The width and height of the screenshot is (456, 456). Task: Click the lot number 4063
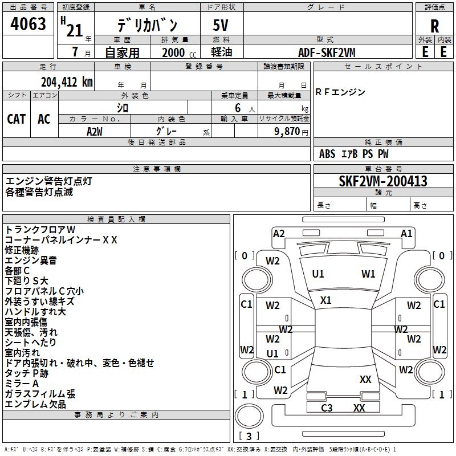tap(28, 23)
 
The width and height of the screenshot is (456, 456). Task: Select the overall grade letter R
tap(434, 26)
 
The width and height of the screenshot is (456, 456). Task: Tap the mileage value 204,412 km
tap(67, 82)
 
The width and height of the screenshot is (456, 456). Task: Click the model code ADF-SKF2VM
tap(327, 52)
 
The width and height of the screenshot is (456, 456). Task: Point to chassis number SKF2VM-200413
tap(383, 181)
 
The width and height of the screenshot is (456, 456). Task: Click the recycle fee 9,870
tap(287, 132)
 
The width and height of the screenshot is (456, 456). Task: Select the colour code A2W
tap(95, 132)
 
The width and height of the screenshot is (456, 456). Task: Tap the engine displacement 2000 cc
tap(179, 52)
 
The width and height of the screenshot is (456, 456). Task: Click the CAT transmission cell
tap(17, 119)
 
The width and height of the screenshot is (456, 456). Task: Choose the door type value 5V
tap(221, 25)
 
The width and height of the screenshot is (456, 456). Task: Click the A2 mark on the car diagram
tap(279, 234)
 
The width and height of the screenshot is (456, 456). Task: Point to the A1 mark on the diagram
tap(406, 234)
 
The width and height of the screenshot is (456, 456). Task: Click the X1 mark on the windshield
tap(325, 300)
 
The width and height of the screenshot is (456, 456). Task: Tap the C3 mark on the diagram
tap(327, 408)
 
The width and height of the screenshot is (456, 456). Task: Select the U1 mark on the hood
tap(318, 274)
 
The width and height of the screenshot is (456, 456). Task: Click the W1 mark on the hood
tap(368, 274)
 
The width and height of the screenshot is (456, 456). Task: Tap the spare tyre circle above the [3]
tap(249, 416)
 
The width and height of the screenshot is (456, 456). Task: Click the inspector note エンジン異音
tap(31, 260)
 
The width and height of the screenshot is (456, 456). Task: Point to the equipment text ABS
tap(327, 154)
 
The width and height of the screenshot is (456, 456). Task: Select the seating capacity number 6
tap(238, 108)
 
